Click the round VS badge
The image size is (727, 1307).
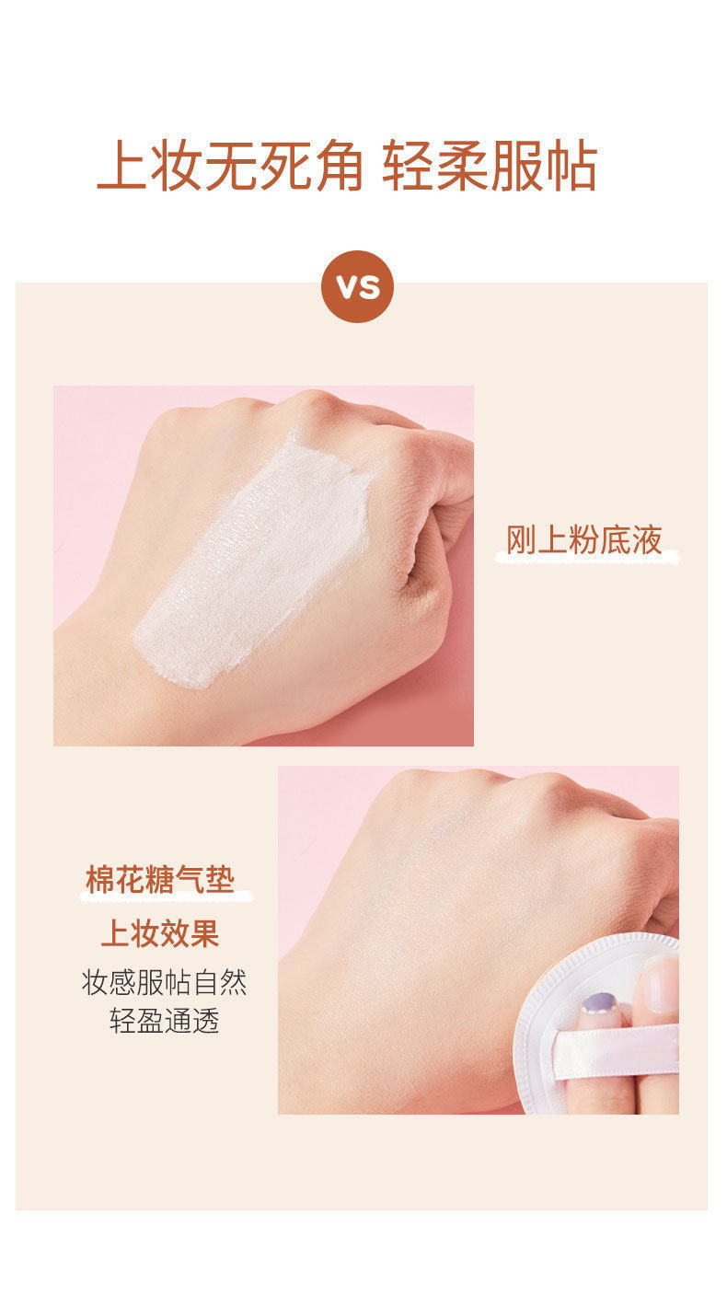click(357, 286)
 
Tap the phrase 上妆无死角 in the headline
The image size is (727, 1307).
click(230, 167)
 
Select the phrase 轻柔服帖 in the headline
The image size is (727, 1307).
click(490, 167)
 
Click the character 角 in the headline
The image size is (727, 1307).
click(340, 167)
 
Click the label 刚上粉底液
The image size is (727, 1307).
click(584, 540)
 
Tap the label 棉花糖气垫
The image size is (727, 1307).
click(160, 879)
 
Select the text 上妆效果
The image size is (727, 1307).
click(160, 933)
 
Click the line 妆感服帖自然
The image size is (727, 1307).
click(165, 982)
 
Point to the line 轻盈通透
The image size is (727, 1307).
click(165, 1022)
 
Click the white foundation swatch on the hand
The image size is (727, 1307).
click(253, 561)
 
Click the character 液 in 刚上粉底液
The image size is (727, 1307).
click(647, 540)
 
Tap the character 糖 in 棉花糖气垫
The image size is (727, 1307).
click(160, 879)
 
